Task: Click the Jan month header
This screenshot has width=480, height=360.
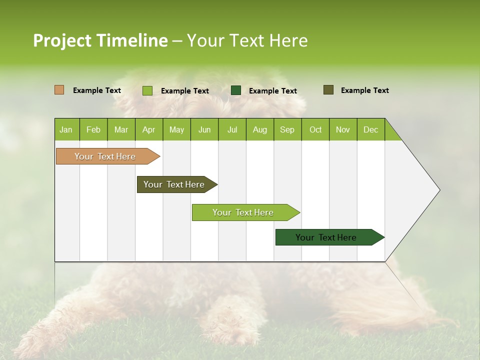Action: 66,129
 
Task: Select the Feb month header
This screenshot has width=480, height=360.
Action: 93,129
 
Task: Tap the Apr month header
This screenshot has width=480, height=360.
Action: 148,129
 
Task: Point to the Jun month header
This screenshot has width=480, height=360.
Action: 204,129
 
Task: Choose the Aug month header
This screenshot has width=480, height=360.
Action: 259,129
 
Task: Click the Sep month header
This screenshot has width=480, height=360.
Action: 287,129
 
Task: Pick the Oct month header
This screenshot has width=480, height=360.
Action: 315,129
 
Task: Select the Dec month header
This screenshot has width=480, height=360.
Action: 370,129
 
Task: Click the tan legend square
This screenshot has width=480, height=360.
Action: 59,90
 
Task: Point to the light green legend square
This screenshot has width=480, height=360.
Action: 147,90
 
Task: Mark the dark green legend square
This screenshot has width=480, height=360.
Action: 236,90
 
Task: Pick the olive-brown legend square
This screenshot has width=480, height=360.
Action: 328,90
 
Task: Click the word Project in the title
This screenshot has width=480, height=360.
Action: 62,40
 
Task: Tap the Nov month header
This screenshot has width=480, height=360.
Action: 342,129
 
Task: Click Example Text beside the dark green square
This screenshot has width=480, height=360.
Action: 272,91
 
